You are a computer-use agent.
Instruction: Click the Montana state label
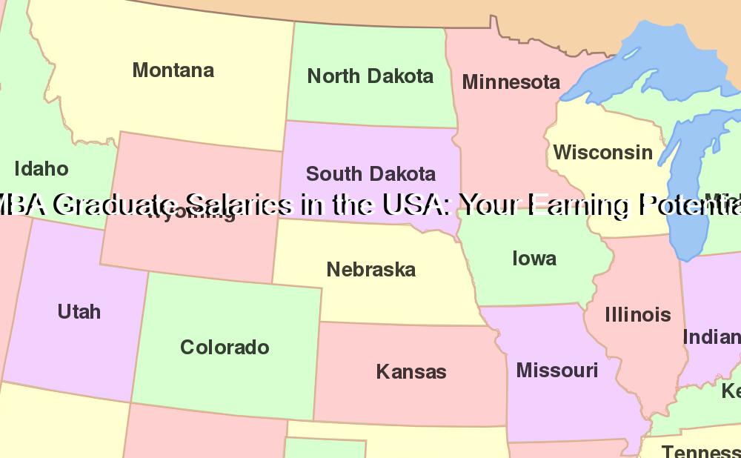(x=173, y=70)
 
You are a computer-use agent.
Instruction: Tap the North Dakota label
(x=370, y=76)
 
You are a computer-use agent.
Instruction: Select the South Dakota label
(x=370, y=174)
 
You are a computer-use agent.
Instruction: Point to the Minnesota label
(x=511, y=82)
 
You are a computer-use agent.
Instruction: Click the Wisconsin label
(x=603, y=153)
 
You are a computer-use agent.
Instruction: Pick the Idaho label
(x=41, y=169)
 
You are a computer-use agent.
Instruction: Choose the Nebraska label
(x=370, y=270)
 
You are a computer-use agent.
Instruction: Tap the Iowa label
(x=534, y=259)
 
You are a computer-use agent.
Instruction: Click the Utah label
(x=79, y=311)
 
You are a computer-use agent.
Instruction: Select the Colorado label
(x=225, y=347)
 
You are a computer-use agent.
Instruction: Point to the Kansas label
(x=411, y=371)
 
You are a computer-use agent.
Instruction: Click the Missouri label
(x=556, y=370)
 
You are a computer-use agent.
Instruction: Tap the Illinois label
(x=637, y=315)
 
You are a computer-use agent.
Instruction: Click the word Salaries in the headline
(x=239, y=205)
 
